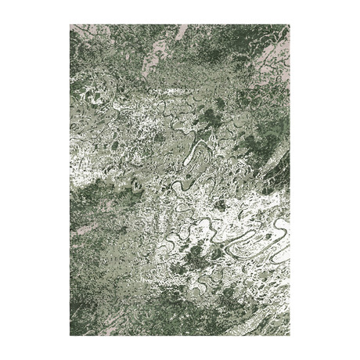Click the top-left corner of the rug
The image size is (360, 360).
(x=70, y=25)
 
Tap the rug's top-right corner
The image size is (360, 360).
(x=290, y=25)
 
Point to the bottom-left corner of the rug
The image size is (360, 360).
(x=70, y=336)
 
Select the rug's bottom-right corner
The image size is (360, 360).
(x=290, y=336)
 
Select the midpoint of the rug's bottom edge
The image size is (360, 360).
(x=180, y=336)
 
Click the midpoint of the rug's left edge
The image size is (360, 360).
(x=70, y=180)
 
